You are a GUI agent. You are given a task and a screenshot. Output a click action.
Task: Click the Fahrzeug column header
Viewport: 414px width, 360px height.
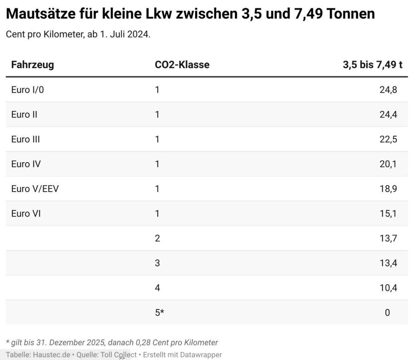click(x=32, y=65)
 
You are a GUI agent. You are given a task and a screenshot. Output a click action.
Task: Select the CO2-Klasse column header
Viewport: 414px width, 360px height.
click(x=182, y=65)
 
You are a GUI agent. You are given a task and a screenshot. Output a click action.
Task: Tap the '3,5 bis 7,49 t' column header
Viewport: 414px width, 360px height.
click(x=372, y=65)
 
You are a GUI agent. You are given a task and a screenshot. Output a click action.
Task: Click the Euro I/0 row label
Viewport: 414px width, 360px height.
click(x=28, y=90)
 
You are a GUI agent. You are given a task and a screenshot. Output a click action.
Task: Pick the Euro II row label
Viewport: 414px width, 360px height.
click(x=24, y=114)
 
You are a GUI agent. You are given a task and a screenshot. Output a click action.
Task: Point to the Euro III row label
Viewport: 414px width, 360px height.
click(x=26, y=139)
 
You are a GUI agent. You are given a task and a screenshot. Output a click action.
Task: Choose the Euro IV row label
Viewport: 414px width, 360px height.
click(x=26, y=164)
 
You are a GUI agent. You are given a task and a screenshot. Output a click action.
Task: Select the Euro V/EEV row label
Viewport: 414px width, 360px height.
click(x=35, y=189)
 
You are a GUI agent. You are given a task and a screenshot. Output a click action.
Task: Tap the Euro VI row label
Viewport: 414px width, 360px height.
click(x=26, y=213)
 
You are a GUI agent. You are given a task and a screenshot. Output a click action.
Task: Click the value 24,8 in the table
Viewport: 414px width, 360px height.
click(x=388, y=90)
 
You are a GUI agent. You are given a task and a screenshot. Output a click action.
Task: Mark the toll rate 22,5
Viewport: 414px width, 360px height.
click(x=388, y=139)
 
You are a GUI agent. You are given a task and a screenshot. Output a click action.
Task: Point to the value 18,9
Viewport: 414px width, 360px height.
click(x=388, y=189)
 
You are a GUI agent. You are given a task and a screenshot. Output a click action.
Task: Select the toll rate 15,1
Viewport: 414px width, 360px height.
click(x=388, y=213)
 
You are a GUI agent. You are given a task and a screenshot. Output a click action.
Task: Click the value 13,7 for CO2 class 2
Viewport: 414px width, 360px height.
click(x=388, y=238)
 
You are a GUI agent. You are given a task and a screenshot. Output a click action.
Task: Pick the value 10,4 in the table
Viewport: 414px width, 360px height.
click(x=388, y=287)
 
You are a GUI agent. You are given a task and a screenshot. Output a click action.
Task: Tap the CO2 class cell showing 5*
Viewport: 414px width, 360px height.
click(x=159, y=312)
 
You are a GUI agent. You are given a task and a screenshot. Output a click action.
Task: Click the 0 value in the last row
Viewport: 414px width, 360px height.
click(x=387, y=312)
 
